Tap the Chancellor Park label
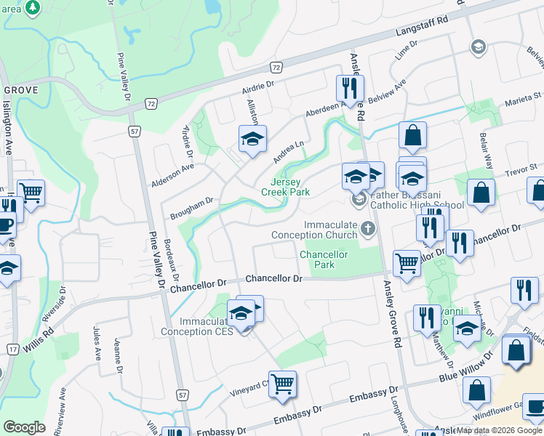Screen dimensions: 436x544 point(324,260)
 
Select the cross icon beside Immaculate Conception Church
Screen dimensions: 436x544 point(369,230)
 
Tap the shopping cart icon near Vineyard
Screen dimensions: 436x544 point(282,383)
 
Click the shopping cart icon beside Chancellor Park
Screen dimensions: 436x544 point(407,263)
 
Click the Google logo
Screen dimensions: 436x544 point(24,427)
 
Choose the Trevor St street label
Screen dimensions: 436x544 point(522,169)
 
